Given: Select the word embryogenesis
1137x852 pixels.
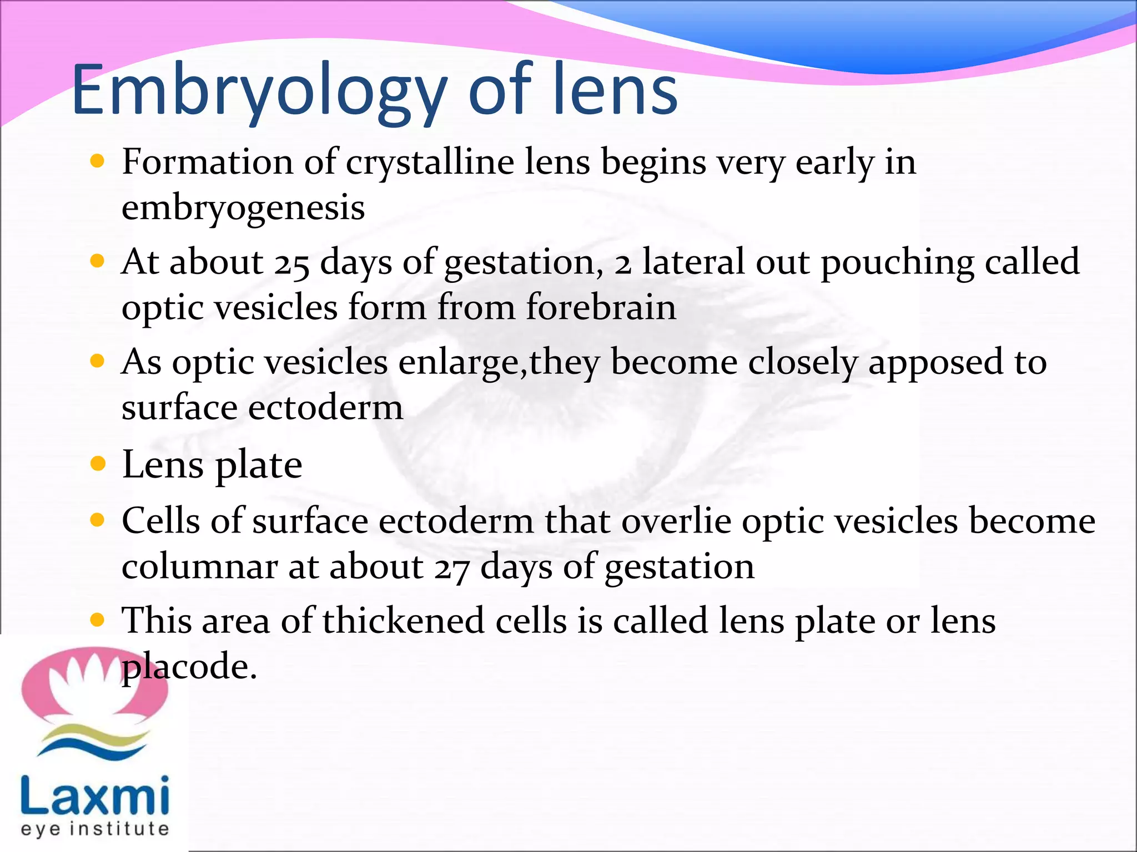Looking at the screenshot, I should coord(243,208).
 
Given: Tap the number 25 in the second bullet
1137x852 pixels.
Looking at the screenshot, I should coord(291,263).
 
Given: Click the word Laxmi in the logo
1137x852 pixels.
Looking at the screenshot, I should coord(95,797).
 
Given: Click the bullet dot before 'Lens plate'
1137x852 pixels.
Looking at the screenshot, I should coord(98,464).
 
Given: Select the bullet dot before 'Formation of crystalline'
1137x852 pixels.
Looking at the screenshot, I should coord(98,161).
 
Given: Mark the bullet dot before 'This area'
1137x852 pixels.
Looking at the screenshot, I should coord(98,620).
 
